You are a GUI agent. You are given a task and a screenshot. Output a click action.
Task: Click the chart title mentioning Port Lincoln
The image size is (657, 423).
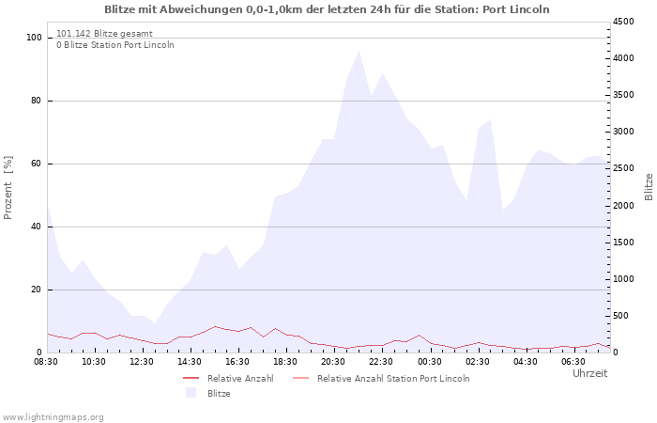tap(327, 9)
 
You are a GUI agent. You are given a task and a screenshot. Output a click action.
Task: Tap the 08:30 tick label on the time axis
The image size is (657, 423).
tap(46, 362)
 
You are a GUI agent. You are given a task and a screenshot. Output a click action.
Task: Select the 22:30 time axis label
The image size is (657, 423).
tap(381, 362)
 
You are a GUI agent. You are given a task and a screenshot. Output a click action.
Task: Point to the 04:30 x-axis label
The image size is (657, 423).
tap(525, 362)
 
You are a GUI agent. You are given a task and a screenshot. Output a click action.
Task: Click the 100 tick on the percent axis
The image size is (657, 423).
tap(34, 38)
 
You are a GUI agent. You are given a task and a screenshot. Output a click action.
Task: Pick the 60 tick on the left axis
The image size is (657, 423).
tap(37, 164)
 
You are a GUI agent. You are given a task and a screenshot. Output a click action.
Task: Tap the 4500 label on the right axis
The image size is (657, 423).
tap(623, 22)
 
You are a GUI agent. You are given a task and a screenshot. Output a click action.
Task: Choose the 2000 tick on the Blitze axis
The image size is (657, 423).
tap(623, 206)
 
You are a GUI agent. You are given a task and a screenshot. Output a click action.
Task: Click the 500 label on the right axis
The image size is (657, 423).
tap(620, 316)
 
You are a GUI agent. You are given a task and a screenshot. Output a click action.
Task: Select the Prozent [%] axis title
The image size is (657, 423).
tap(8, 188)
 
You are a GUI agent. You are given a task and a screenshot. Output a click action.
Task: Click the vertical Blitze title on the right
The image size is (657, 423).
tap(649, 187)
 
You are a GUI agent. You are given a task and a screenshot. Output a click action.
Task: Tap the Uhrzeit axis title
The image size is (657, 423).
tap(590, 373)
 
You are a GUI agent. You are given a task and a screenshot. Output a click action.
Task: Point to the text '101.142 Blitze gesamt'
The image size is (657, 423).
tap(104, 34)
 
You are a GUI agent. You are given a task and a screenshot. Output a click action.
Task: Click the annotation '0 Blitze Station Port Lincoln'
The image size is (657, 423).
tap(115, 45)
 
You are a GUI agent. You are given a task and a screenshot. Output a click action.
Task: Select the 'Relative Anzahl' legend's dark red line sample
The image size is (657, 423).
tap(191, 379)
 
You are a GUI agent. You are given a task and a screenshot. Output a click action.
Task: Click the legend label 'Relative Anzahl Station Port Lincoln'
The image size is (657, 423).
tap(393, 379)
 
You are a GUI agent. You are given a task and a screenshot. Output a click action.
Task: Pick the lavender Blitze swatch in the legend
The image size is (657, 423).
tap(191, 393)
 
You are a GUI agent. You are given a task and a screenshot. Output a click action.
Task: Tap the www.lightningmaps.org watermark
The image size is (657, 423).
tap(53, 417)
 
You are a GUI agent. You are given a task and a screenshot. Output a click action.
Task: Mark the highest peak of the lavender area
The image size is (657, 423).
tap(359, 51)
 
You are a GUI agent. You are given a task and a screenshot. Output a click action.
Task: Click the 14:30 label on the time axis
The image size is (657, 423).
tap(190, 362)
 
